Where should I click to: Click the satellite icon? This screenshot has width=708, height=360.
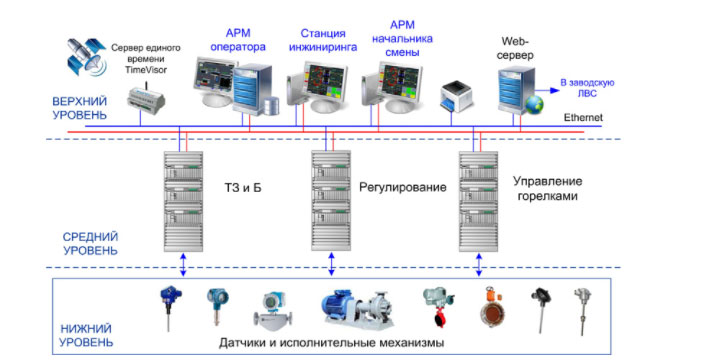pos(86,56)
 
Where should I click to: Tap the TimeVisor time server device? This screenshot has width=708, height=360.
pos(145,99)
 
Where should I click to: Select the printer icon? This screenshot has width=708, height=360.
pos(456,96)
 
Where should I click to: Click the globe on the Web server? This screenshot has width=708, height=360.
pos(534,104)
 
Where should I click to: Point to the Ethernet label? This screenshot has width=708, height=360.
pos(583,117)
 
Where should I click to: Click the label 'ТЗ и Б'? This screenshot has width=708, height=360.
pos(243,187)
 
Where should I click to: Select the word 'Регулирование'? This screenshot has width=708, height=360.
pos(403,187)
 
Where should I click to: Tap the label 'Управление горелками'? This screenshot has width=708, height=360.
pos(547,189)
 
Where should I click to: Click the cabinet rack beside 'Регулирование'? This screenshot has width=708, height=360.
pos(331,201)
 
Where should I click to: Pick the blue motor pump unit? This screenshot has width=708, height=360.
pos(358,309)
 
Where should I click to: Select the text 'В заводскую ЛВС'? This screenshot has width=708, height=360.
pos(587,88)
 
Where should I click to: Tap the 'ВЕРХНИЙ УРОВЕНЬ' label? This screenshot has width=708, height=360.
pos(79,108)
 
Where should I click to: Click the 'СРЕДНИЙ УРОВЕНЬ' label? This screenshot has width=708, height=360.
pos(90,243)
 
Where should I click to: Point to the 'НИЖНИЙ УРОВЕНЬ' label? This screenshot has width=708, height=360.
pos(86,335)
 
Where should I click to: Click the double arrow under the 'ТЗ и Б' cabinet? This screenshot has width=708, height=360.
pos(183,265)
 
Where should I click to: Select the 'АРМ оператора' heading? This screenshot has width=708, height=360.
pos(238,40)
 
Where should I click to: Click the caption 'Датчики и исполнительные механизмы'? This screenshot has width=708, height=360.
pos(331,343)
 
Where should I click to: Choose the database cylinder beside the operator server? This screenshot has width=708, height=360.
pos(271,106)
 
